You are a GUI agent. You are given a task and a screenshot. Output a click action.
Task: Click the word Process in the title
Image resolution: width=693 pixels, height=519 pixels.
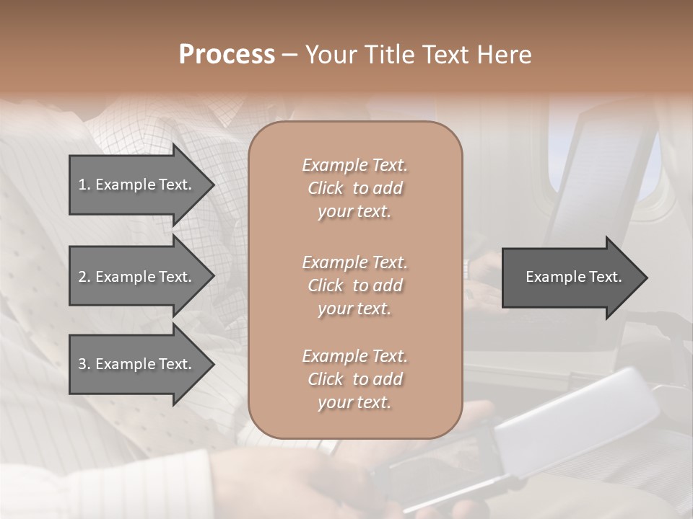227,55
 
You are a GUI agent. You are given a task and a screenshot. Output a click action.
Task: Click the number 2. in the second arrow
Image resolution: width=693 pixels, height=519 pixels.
84,277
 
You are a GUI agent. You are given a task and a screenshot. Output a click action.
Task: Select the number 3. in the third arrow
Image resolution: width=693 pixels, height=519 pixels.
84,364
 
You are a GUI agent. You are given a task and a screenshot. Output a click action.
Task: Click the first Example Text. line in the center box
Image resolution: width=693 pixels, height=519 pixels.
354,165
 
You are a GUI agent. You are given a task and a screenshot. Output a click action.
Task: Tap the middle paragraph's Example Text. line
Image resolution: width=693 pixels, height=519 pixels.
354,262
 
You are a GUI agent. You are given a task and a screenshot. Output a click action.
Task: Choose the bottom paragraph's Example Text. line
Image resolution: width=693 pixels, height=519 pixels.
354,356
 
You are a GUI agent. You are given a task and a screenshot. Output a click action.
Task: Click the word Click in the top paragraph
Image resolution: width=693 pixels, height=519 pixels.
325,188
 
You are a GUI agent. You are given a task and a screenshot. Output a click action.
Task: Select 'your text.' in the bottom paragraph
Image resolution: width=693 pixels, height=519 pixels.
354,402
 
